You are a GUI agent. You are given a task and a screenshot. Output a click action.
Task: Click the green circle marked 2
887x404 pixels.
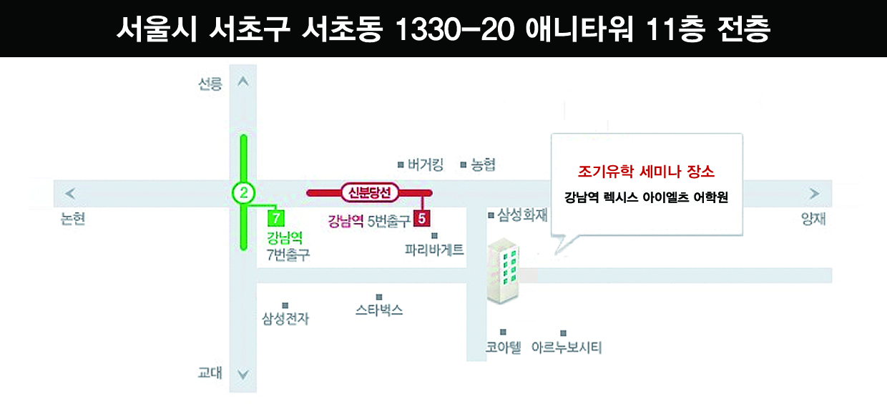coord(244,192)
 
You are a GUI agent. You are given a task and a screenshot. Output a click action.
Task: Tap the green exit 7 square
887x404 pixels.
coord(275,217)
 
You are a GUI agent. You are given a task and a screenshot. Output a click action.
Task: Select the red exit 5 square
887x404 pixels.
coord(422,218)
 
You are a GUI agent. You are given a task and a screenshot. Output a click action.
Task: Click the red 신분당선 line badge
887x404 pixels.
coord(369,192)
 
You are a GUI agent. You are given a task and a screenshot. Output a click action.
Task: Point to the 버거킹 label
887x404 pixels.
coord(426,165)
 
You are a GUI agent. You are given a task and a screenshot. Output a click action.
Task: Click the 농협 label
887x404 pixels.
coord(483,165)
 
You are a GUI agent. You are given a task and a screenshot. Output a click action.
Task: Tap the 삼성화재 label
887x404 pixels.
coord(522,215)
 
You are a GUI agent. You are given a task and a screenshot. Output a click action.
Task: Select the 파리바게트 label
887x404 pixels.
coord(434,250)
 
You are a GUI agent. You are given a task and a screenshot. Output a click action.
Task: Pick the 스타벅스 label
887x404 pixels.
coord(379,310)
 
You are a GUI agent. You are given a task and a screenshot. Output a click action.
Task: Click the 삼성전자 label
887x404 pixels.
coord(285,319)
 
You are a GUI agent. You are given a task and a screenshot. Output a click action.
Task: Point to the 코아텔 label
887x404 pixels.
coord(504,348)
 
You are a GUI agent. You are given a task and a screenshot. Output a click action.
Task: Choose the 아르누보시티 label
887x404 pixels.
coord(567,348)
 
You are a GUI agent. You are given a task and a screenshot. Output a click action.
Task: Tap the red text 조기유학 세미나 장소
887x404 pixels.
coord(646,172)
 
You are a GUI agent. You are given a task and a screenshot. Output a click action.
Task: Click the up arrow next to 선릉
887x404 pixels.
coord(242,82)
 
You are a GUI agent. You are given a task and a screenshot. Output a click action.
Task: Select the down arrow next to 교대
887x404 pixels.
coord(242,374)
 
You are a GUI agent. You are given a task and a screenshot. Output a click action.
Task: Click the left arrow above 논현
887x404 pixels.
coord(70,193)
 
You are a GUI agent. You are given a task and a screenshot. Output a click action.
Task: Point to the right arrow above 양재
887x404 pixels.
coord(814,193)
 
